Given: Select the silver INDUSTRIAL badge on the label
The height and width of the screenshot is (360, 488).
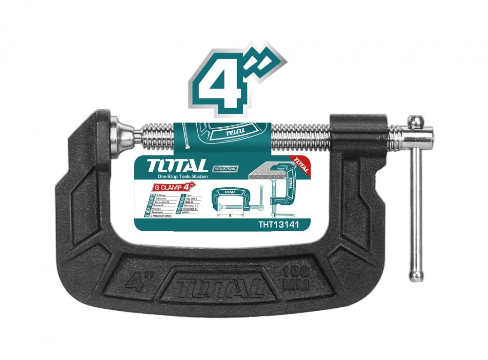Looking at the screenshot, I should click(224, 169).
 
